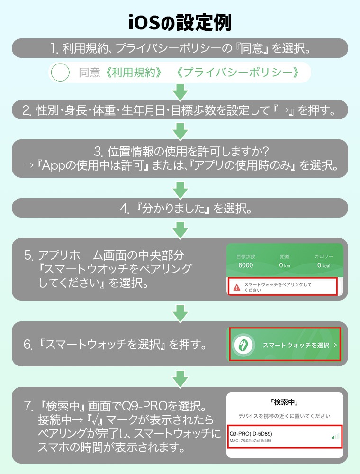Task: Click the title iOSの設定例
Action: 180,22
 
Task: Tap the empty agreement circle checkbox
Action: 61,73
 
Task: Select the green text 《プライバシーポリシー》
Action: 237,73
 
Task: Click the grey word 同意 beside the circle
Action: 90,73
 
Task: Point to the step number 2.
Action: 27,111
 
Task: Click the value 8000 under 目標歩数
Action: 245,265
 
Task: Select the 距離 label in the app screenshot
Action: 285,256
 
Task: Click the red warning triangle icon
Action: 236,286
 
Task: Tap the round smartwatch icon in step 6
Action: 243,345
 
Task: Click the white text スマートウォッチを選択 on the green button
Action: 296,345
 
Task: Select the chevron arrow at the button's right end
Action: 335,345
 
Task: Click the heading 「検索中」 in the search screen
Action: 284,402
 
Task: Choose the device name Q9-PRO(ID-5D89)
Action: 251,433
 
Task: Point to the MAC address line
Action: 251,441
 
